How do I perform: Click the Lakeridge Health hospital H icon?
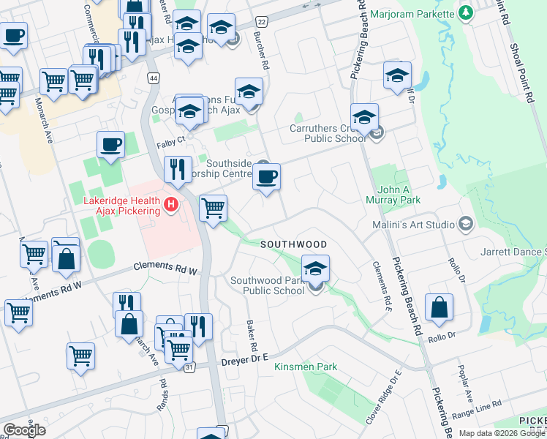tap(171, 203)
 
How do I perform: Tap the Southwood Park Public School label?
tap(268, 285)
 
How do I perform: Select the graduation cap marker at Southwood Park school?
tap(315, 269)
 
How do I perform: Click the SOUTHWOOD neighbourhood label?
tap(293, 244)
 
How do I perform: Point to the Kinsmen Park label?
tap(305, 366)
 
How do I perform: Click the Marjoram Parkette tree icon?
tap(466, 12)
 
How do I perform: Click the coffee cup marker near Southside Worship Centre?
tap(266, 176)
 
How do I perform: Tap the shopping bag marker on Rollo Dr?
tap(439, 308)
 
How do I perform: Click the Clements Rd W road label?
tap(166, 269)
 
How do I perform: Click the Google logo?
tap(24, 430)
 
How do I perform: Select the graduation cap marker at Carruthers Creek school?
tap(364, 116)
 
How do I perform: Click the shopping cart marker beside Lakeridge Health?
tap(213, 209)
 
